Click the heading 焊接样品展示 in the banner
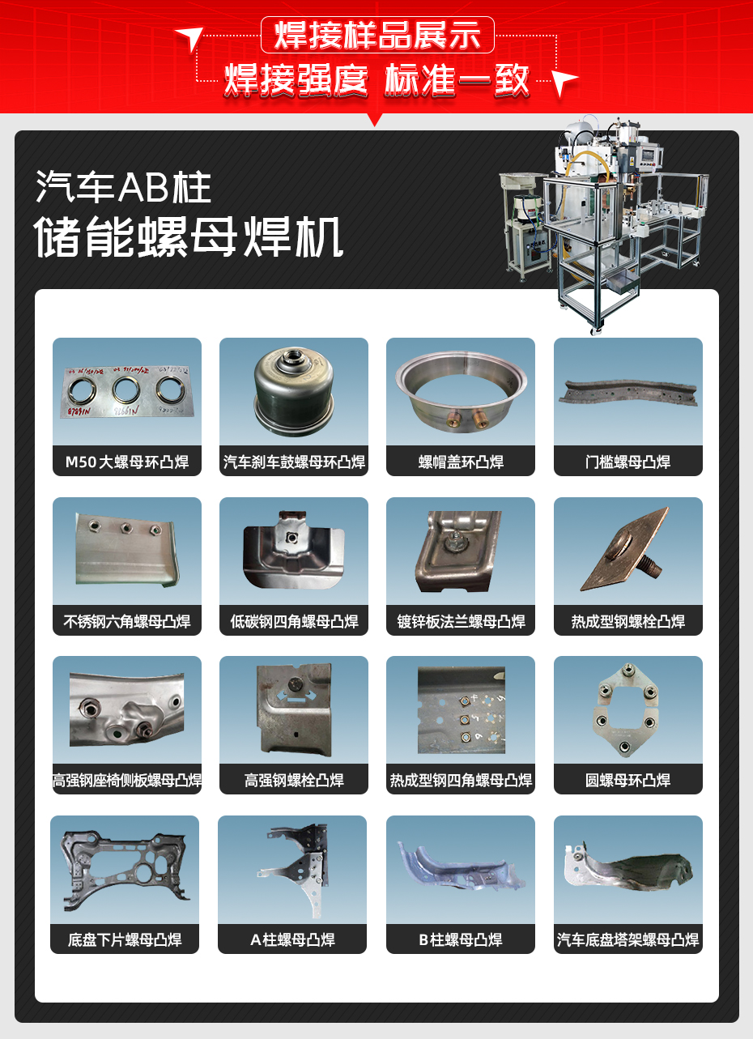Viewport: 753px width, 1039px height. [377, 36]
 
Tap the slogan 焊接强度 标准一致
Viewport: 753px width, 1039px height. [377, 80]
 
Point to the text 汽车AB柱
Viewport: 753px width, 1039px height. [124, 188]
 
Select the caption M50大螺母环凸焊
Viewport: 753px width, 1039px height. [127, 462]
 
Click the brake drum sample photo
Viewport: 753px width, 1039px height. [293, 390]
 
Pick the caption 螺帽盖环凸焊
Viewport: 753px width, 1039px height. [461, 462]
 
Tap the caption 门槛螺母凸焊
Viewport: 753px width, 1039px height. [627, 462]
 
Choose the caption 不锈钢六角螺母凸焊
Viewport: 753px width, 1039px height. [127, 622]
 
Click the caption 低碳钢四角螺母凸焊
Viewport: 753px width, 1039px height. [294, 622]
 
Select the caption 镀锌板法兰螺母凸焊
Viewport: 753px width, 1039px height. [461, 622]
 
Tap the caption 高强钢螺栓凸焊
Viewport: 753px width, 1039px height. [294, 781]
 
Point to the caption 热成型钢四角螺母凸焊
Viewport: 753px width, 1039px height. [461, 781]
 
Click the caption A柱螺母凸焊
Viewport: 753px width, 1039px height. [292, 940]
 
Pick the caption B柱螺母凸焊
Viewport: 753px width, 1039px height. [461, 940]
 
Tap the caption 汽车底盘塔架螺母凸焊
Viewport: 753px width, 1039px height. [627, 940]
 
